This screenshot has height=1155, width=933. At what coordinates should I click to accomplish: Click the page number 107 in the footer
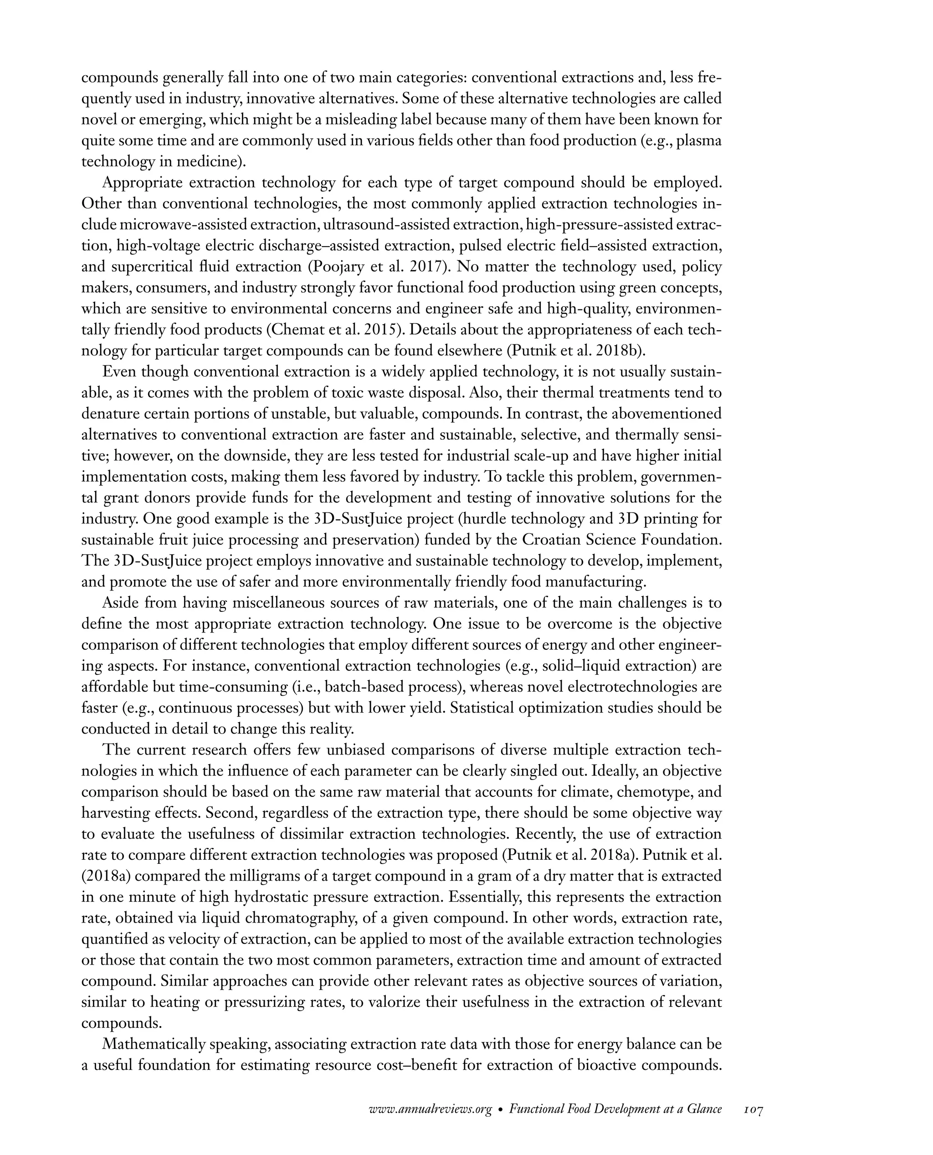tap(754, 1109)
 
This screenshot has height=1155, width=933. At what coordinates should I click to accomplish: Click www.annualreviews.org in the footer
tap(431, 1109)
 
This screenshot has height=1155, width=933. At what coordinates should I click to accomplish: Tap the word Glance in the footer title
tap(704, 1109)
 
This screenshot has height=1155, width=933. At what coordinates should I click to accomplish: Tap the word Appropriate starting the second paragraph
tap(143, 183)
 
